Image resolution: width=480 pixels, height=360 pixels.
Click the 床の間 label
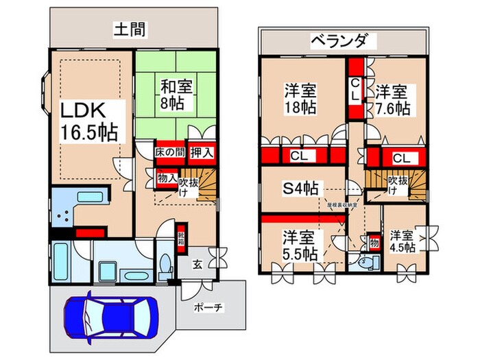tap(166, 151)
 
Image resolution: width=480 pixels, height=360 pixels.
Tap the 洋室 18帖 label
tap(300, 99)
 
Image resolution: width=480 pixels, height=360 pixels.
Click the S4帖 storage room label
tap(300, 187)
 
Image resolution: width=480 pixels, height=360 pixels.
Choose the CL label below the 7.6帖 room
tap(401, 158)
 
